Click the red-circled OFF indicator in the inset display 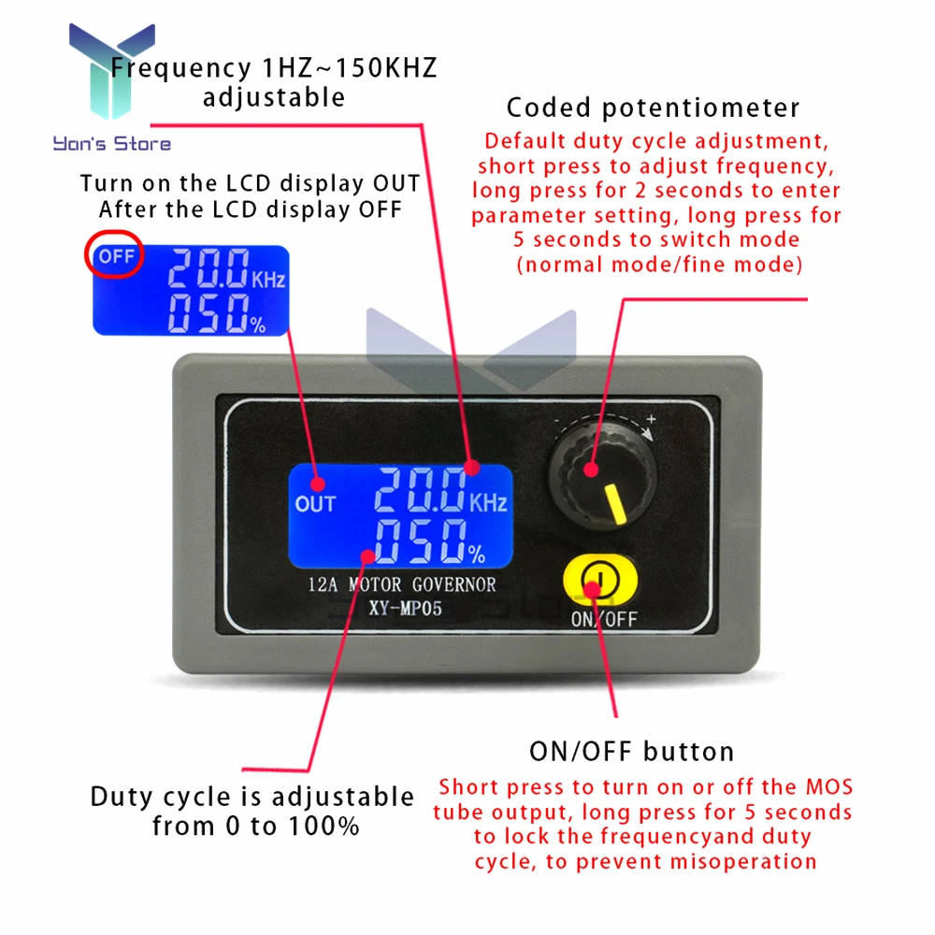[x=117, y=256]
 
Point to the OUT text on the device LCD [x=315, y=504]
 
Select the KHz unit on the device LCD [x=488, y=504]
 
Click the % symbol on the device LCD [x=476, y=554]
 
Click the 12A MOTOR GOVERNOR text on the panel [x=402, y=585]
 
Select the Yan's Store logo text [x=112, y=144]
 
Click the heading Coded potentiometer [x=653, y=108]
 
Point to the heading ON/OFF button [x=632, y=751]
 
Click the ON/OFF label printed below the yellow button [x=603, y=618]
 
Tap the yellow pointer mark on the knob [x=616, y=504]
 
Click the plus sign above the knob [x=651, y=419]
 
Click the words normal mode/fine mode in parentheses [x=659, y=265]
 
